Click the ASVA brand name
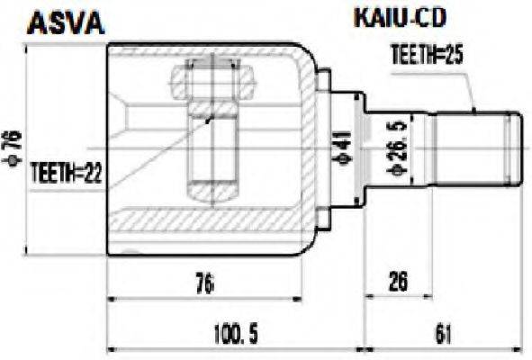66,22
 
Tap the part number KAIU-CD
400,18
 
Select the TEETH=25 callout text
428,54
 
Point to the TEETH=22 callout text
66,173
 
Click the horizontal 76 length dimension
205,284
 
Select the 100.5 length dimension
236,334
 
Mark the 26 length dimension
398,281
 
